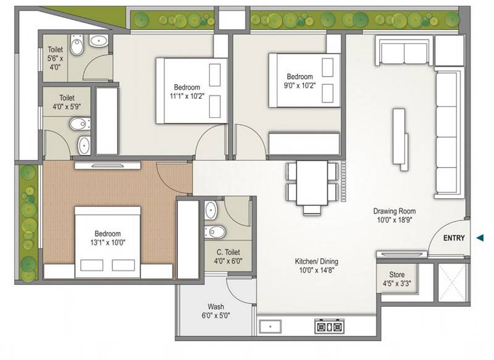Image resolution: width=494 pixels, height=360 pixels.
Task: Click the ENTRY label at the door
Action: pyautogui.click(x=454, y=238)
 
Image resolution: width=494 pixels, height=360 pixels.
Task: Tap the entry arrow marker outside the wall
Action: pyautogui.click(x=481, y=238)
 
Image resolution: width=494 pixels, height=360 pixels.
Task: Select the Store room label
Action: pyautogui.click(x=397, y=279)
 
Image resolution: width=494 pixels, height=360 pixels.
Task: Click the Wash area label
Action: pyautogui.click(x=216, y=311)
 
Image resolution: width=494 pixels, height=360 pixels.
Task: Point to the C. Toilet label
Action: pyautogui.click(x=228, y=256)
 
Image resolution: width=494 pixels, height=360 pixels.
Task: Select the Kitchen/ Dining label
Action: pyautogui.click(x=316, y=266)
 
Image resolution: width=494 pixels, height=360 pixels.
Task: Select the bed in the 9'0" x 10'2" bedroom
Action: pyautogui.click(x=304, y=80)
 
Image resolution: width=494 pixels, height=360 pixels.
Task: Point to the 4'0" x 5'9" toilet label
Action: pyautogui.click(x=67, y=102)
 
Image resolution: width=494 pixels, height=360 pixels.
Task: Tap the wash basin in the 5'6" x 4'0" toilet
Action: pyautogui.click(x=98, y=41)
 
